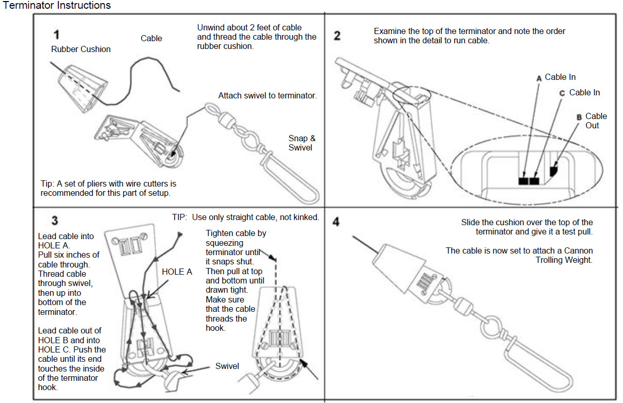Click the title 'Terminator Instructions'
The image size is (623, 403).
tap(57, 6)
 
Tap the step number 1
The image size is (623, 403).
tap(56, 35)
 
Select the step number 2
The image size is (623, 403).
tap(337, 36)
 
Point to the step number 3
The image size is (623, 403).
tap(54, 221)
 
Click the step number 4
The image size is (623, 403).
tap(337, 223)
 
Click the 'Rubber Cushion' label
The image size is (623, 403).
tap(81, 49)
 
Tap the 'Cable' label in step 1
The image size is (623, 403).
tap(151, 38)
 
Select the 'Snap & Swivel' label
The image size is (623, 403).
tap(302, 143)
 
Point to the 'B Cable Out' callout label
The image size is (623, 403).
tap(593, 121)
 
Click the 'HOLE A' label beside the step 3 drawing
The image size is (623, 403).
tap(177, 272)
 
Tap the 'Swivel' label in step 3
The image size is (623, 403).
tap(227, 366)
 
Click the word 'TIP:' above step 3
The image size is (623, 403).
tap(181, 217)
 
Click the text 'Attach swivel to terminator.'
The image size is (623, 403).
tap(267, 96)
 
